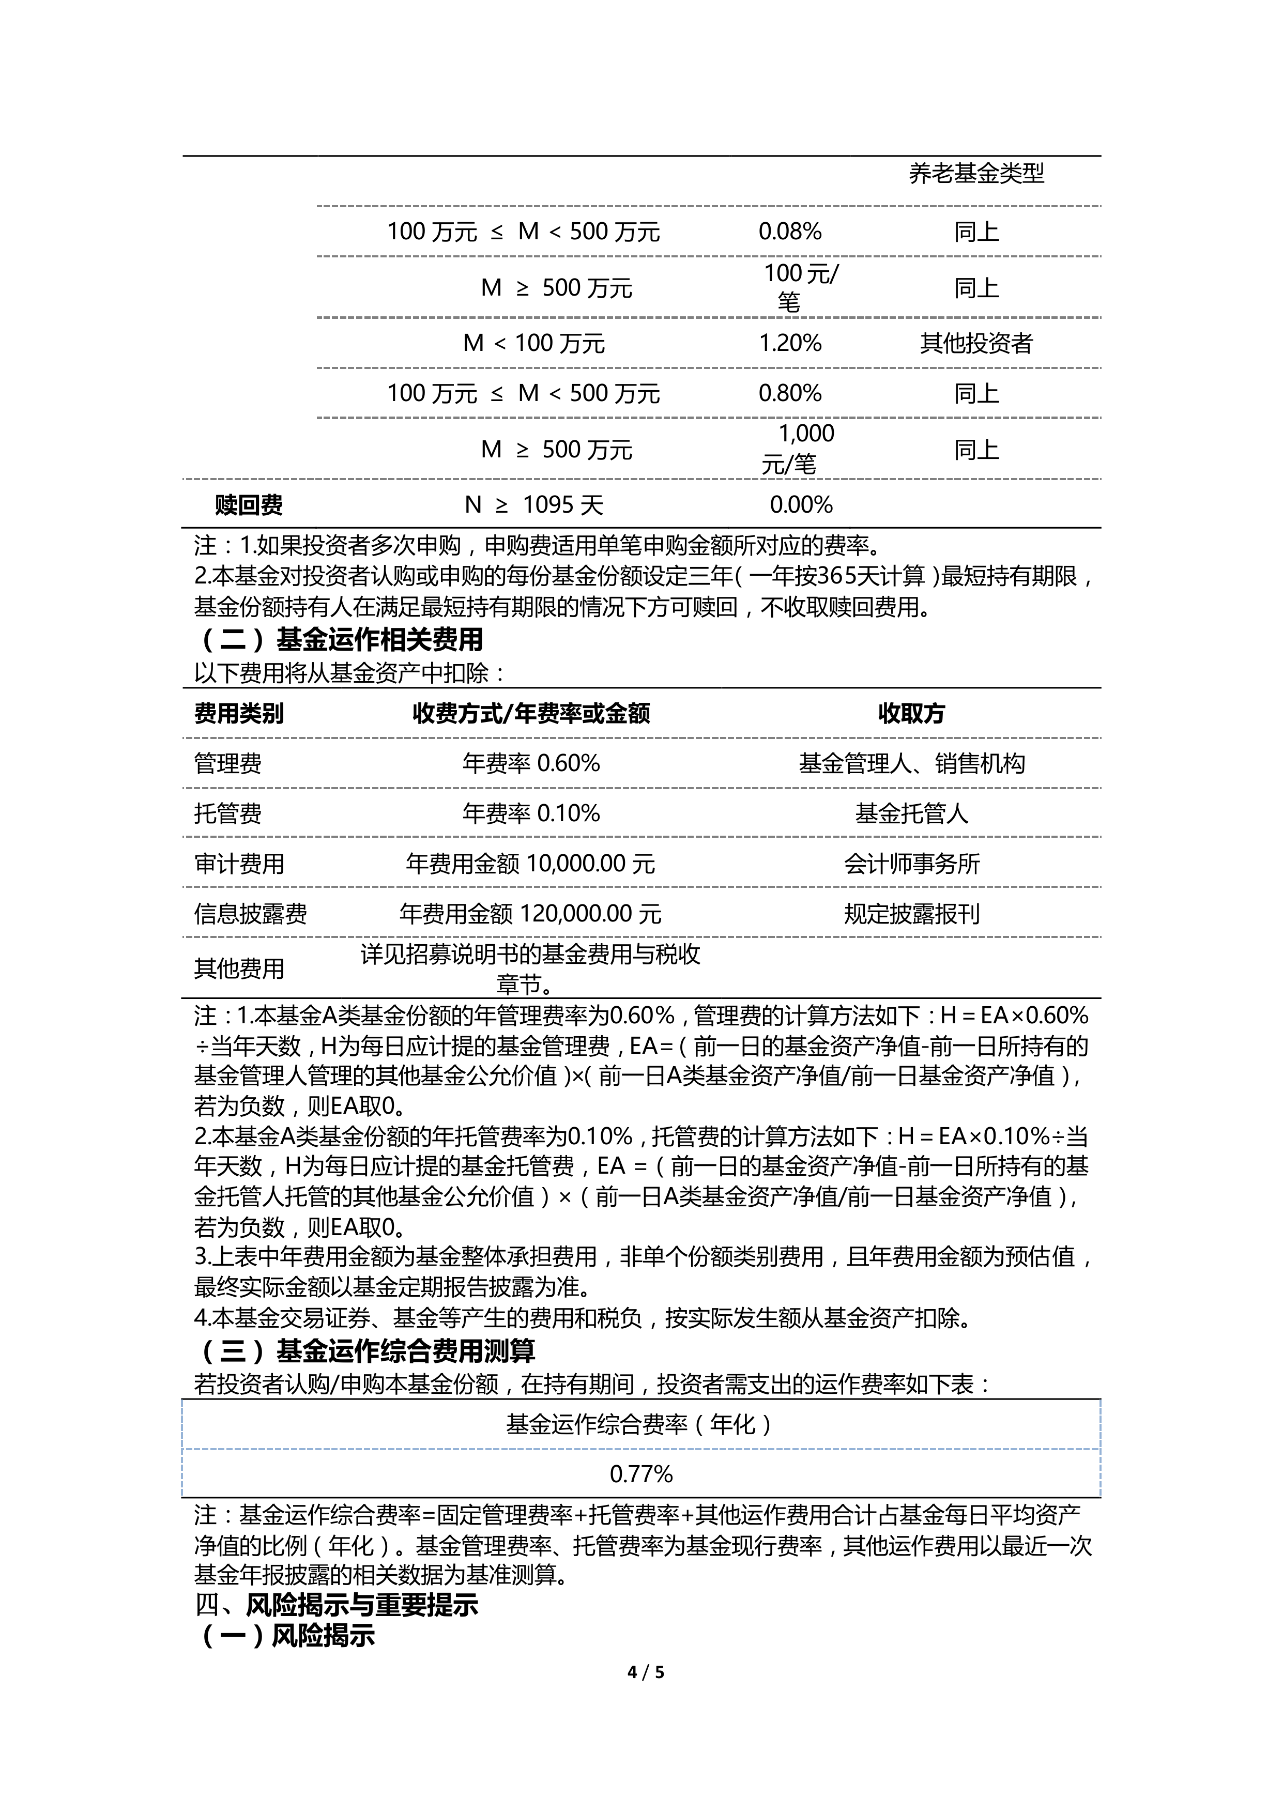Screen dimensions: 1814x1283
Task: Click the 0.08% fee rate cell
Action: (x=789, y=232)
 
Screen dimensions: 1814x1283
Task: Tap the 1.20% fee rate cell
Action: (x=789, y=343)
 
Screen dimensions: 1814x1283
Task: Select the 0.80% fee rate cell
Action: (x=789, y=393)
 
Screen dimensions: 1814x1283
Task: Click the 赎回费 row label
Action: (x=248, y=505)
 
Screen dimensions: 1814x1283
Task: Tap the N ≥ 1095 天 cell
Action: (x=533, y=505)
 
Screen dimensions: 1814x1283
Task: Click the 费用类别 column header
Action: (x=239, y=713)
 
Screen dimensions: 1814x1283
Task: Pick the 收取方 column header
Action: (x=911, y=713)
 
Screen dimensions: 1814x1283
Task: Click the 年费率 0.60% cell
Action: (x=531, y=763)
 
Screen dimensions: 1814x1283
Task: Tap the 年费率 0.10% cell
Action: (x=531, y=813)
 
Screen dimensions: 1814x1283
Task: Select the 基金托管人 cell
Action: (x=911, y=813)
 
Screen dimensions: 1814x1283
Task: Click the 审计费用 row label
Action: (x=239, y=864)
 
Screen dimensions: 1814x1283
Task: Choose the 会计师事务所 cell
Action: (x=911, y=864)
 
